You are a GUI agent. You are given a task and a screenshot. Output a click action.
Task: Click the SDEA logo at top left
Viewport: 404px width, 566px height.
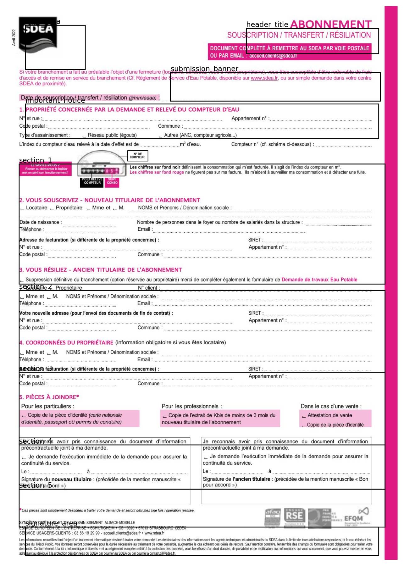[x=38, y=34]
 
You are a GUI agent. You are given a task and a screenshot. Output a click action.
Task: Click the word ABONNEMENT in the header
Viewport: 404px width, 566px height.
[x=331, y=24]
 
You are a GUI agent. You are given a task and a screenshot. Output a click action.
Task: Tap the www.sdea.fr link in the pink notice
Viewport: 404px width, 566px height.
[x=264, y=78]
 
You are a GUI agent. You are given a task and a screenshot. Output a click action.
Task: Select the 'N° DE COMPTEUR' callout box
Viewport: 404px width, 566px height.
[x=137, y=156]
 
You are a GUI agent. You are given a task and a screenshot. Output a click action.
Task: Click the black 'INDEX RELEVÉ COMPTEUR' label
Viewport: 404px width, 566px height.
[x=92, y=181]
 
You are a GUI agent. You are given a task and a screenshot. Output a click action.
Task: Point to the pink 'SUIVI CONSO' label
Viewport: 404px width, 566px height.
[x=112, y=181]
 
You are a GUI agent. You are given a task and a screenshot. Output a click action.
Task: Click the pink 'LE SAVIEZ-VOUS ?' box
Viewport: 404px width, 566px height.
[x=45, y=169]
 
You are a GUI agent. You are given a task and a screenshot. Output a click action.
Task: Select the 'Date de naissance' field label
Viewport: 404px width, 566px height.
[x=40, y=222]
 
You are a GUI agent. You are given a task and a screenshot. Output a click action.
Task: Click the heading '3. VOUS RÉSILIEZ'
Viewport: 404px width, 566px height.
[x=101, y=270]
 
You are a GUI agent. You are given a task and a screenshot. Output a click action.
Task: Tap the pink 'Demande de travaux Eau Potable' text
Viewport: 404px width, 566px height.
[x=319, y=280]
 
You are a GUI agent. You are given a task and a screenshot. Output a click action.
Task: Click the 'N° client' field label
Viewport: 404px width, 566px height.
[x=148, y=288]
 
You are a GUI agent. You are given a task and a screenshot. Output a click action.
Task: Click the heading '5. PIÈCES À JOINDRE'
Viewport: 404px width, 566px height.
[x=49, y=397]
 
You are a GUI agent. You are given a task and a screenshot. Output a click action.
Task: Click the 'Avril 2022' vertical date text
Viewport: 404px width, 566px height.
[x=14, y=38]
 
